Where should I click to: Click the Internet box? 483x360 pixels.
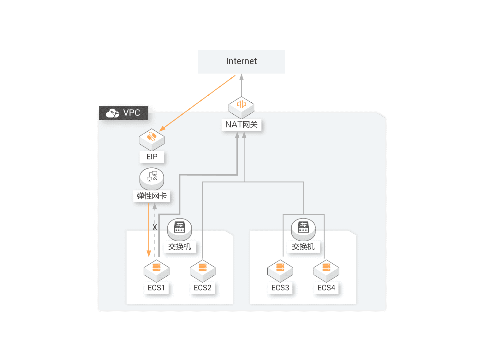[x=241, y=62]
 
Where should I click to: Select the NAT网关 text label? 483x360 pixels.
[x=241, y=125]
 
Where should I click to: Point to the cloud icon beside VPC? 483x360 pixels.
[x=112, y=113]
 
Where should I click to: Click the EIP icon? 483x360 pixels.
[x=152, y=139]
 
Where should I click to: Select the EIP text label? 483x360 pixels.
[x=152, y=157]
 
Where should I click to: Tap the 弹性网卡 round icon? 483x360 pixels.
[x=152, y=178]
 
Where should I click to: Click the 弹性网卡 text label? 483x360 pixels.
[x=152, y=196]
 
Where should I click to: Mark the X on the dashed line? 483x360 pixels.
[x=155, y=227]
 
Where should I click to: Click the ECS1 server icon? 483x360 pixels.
[x=156, y=270]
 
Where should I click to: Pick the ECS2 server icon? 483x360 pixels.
[x=202, y=270]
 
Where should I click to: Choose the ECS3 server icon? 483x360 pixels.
[x=280, y=270]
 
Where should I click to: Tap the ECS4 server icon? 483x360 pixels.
[x=326, y=270]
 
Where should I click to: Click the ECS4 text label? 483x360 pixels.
[x=326, y=288]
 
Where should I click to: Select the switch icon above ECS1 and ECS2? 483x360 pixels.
[x=179, y=229]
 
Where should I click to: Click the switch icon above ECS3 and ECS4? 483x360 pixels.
[x=303, y=229]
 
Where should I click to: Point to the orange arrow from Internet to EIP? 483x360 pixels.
[x=197, y=103]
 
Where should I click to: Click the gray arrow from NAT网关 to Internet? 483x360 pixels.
[x=241, y=85]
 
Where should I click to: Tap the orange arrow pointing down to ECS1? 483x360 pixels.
[x=149, y=231]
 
